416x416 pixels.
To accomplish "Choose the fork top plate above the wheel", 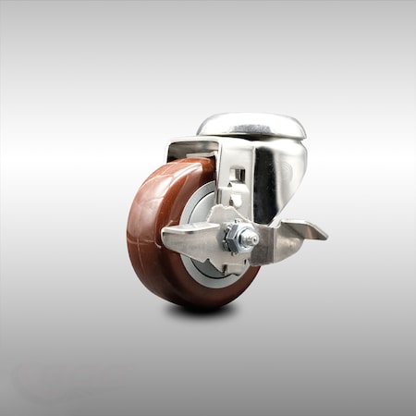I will (199, 145).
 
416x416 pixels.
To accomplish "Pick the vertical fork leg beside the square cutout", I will (250, 185).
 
